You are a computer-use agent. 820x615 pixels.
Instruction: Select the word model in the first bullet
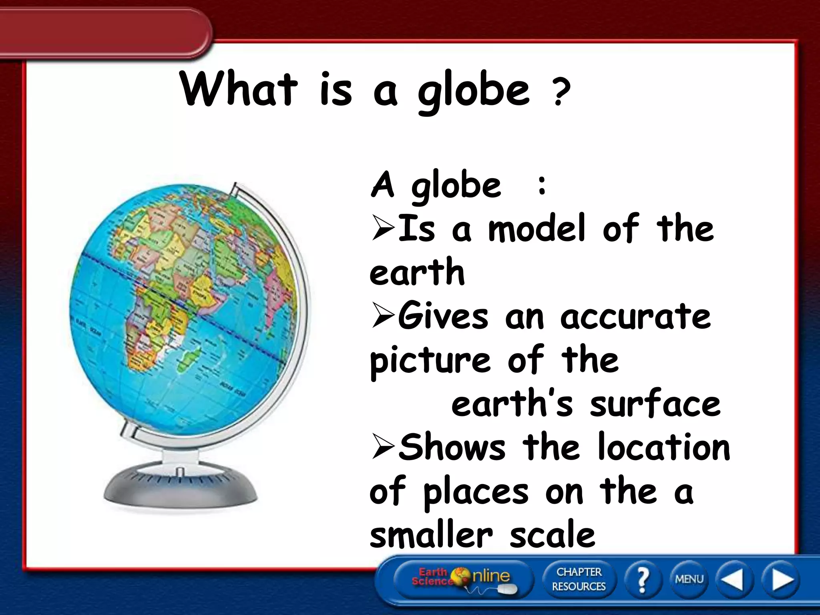click(x=537, y=229)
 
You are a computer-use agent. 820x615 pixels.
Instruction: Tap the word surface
click(x=655, y=404)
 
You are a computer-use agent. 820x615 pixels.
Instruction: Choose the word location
click(x=664, y=448)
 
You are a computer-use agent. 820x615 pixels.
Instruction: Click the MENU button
click(x=689, y=579)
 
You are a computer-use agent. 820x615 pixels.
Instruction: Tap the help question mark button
click(x=642, y=579)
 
